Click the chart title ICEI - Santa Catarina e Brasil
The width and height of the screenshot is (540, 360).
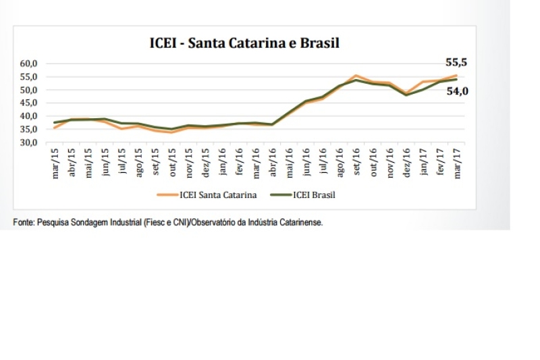coord(244,43)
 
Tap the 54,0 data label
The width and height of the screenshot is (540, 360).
coord(457,91)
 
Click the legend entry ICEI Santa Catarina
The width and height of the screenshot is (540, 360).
coord(213,195)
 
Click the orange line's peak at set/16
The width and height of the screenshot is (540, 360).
coord(356,76)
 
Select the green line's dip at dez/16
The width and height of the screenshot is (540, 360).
coord(406,95)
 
